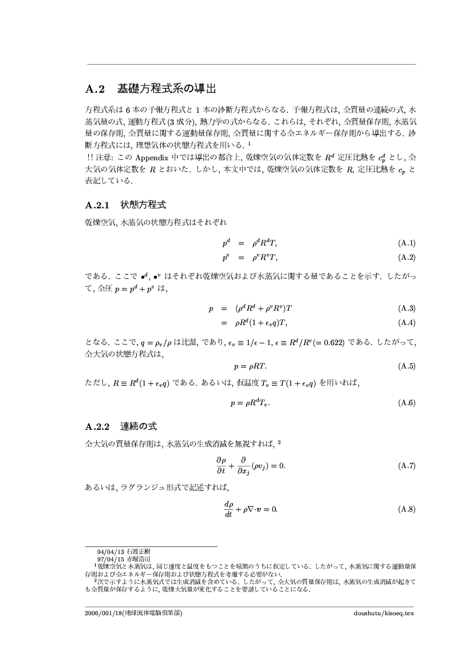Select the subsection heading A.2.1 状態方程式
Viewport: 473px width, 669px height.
[x=125, y=204]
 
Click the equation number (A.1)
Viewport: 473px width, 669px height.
[x=406, y=243]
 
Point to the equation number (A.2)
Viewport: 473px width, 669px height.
[x=406, y=256]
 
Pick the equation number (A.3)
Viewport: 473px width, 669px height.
[x=406, y=308]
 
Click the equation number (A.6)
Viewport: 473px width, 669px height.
[x=406, y=403]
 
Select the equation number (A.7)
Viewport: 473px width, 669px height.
[x=406, y=465]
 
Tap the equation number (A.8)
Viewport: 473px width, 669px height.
[x=406, y=509]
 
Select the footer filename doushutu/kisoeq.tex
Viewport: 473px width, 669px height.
[x=383, y=612]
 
